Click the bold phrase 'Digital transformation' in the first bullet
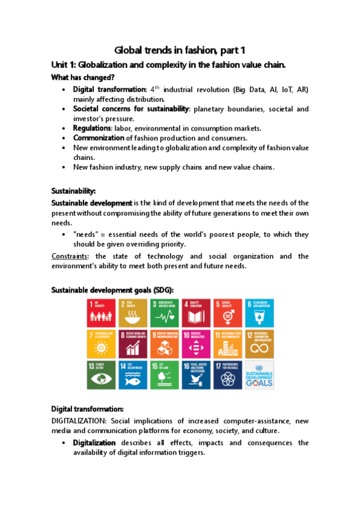point(110,89)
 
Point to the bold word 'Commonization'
point(99,138)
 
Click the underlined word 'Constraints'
point(69,256)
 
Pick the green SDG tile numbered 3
point(165,312)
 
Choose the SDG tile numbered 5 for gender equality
point(228,312)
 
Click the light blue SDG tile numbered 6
point(260,312)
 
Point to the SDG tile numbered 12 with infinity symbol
point(260,343)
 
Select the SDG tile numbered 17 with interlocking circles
point(228,375)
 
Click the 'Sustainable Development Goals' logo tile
point(260,375)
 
